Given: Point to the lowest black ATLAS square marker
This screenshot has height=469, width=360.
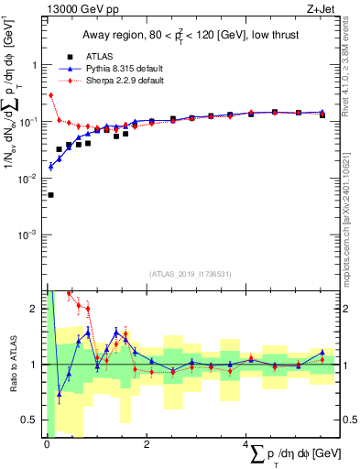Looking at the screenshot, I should tap(50, 195).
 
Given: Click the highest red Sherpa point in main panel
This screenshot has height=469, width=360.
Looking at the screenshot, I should tap(50, 95).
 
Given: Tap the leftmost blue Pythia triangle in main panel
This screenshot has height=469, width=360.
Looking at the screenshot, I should tap(50, 166).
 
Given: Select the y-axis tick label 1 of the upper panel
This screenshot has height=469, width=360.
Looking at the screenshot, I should tap(33, 65).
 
